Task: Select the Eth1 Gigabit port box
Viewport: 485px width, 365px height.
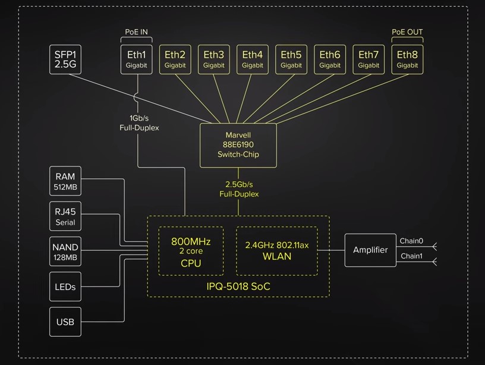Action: coord(136,59)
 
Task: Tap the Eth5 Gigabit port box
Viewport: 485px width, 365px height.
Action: coord(291,59)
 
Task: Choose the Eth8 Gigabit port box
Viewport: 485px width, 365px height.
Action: coord(407,59)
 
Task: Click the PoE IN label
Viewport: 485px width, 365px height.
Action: coord(136,32)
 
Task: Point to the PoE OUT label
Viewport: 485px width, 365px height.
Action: coord(407,32)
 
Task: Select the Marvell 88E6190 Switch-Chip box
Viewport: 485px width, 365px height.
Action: coord(238,145)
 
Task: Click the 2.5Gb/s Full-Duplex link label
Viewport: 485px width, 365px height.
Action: coord(238,189)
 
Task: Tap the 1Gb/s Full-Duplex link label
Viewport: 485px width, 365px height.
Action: coord(139,122)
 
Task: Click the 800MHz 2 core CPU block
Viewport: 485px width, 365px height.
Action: coord(191,251)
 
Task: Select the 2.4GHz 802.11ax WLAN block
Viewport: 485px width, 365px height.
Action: coord(277,251)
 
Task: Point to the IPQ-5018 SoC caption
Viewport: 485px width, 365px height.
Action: coord(238,287)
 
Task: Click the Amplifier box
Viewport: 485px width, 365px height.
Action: coord(370,250)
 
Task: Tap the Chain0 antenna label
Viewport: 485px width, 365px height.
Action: coord(411,241)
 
